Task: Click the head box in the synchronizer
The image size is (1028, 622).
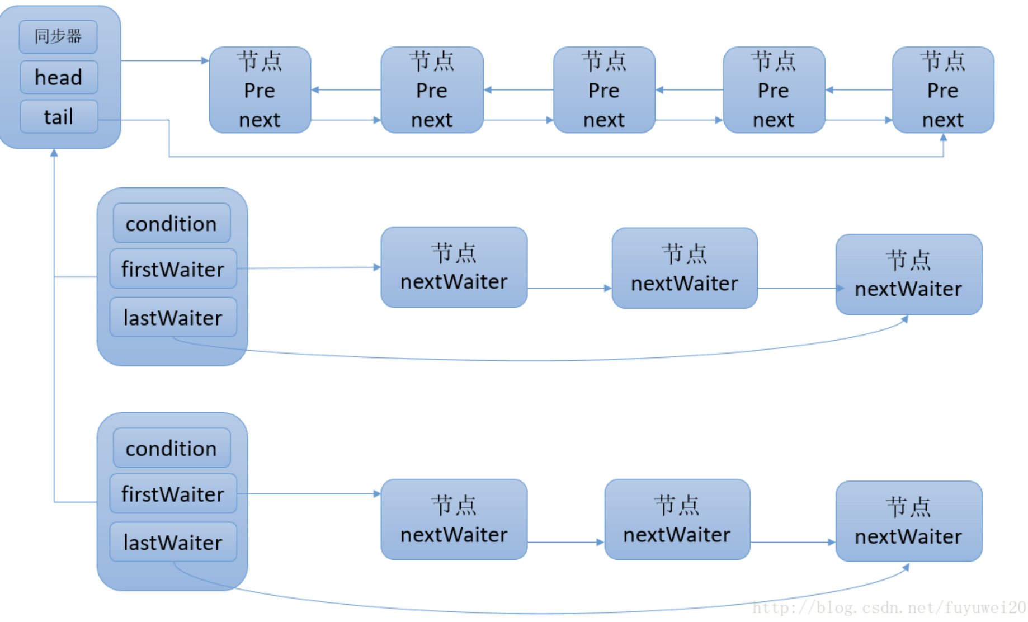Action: [59, 77]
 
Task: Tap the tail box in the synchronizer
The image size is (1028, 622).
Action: [59, 117]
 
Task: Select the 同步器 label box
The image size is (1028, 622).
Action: [58, 36]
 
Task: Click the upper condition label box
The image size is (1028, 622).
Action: [171, 224]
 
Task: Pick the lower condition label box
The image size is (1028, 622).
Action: [171, 449]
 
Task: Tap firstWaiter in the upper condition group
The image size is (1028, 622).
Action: [173, 269]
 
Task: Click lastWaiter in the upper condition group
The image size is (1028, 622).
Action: [173, 318]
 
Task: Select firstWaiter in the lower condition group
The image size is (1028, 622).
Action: [173, 494]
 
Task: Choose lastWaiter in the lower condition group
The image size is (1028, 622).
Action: [173, 543]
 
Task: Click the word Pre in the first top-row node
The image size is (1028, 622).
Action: [260, 91]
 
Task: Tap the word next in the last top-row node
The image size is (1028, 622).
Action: [942, 120]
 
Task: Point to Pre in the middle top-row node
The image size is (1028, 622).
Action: [603, 91]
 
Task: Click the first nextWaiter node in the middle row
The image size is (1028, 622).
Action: [454, 268]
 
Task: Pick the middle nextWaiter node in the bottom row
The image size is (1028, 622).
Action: [677, 520]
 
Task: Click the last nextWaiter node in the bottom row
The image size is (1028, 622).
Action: [908, 522]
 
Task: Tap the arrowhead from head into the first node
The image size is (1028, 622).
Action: [205, 60]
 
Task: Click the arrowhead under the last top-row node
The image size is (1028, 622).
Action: [943, 137]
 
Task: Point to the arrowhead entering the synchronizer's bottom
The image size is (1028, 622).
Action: [54, 152]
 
